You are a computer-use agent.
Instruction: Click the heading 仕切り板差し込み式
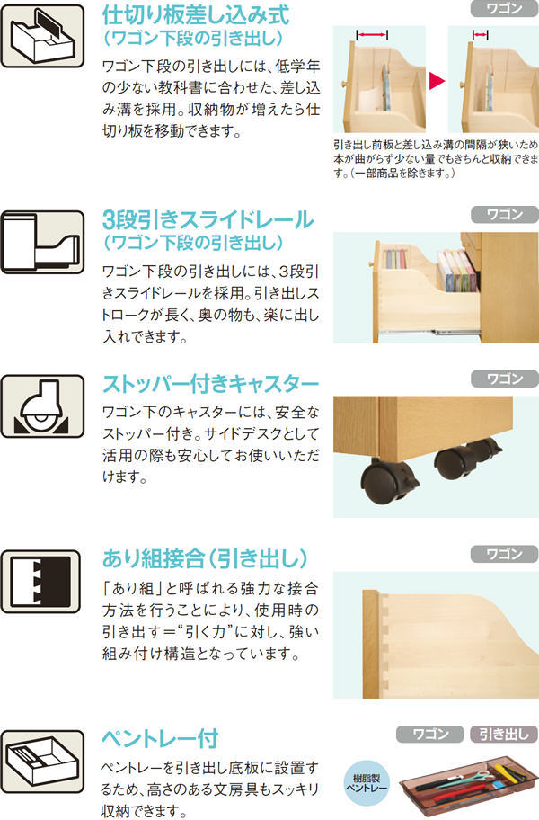coord(195,15)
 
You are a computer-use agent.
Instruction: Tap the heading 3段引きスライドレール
coord(208,220)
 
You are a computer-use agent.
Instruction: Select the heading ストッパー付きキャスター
coord(210,384)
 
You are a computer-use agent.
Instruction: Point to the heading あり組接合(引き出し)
coord(205,558)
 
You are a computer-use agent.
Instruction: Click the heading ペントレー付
coord(160,738)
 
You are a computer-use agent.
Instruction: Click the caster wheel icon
coord(42,406)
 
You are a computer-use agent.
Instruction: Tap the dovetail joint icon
coord(41,581)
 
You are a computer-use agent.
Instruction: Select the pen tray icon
coord(42,761)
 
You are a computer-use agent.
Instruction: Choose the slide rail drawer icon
coord(42,242)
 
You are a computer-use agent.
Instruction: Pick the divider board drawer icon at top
coord(42,36)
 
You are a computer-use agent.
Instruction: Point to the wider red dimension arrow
coord(372,35)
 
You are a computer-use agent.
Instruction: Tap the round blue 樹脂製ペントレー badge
coord(367,783)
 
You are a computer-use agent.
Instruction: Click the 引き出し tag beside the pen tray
coord(504,735)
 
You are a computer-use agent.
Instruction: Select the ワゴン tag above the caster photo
coord(504,379)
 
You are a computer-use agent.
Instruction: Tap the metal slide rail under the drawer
coord(429,331)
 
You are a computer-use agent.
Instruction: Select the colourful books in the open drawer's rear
coord(457,271)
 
